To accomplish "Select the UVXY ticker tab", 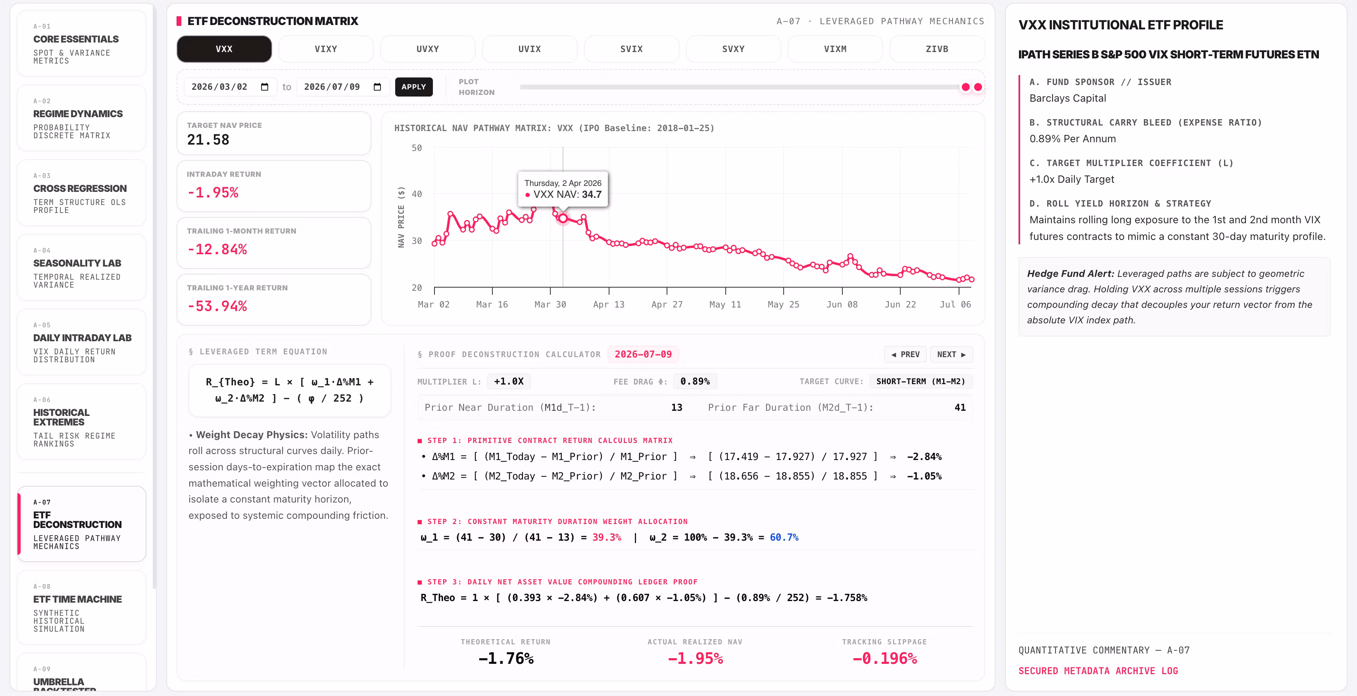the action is pos(427,49).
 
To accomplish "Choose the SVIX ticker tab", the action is pos(631,49).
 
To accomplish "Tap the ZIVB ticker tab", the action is pos(937,49).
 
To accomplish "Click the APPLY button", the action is pos(413,87).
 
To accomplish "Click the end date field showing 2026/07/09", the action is pos(342,87).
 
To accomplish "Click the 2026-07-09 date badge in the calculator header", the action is pos(643,354).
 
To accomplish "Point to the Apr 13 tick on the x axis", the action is pos(608,304).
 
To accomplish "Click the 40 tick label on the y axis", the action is pos(416,194).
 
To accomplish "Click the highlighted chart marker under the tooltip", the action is pos(563,218).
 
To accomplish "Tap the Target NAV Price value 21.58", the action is pos(208,140).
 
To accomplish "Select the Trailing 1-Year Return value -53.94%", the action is pos(217,306).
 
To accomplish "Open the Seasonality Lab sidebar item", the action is pos(82,268).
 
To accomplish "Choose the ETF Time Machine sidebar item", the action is pos(82,607).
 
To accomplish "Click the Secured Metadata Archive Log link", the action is pos(1098,671).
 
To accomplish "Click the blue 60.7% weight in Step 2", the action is pos(784,537).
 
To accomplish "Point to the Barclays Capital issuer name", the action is pos(1067,98).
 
